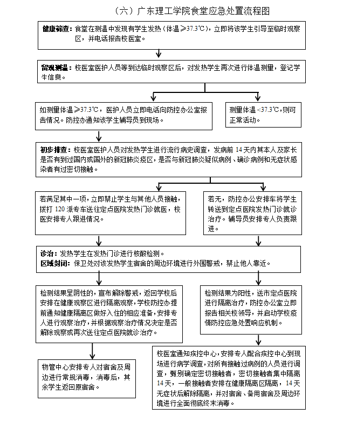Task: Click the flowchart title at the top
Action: point(191,10)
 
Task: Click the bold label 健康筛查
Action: point(56,28)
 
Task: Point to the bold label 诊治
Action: point(49,253)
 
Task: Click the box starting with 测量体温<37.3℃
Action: point(263,114)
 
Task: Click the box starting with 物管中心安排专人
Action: point(86,377)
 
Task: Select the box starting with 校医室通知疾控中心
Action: point(229,377)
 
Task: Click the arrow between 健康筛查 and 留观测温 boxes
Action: point(158,52)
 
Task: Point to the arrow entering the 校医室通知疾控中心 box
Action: point(258,339)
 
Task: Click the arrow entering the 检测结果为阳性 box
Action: point(258,278)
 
